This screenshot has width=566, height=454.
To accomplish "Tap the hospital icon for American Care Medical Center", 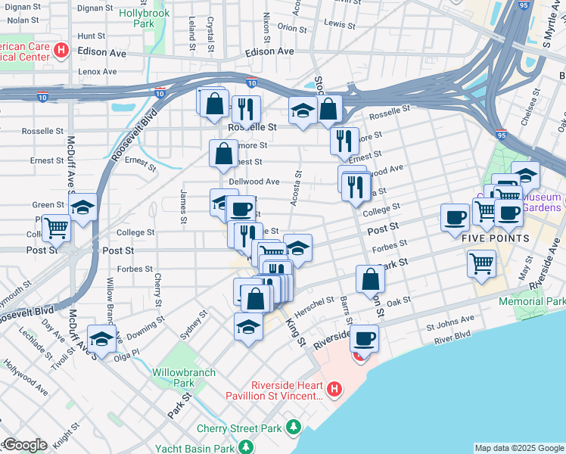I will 62,51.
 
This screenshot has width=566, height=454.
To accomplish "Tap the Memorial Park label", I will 533,301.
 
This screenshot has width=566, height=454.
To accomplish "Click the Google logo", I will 24,445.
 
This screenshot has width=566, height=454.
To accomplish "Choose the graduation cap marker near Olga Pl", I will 101,339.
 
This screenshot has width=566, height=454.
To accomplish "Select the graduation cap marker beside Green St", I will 82,207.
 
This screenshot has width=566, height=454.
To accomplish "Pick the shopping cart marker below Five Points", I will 482,264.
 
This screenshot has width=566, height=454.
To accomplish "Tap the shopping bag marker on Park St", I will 370,279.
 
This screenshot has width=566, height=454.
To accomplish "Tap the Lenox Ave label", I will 97,72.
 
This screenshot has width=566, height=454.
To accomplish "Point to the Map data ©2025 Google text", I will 519,448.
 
